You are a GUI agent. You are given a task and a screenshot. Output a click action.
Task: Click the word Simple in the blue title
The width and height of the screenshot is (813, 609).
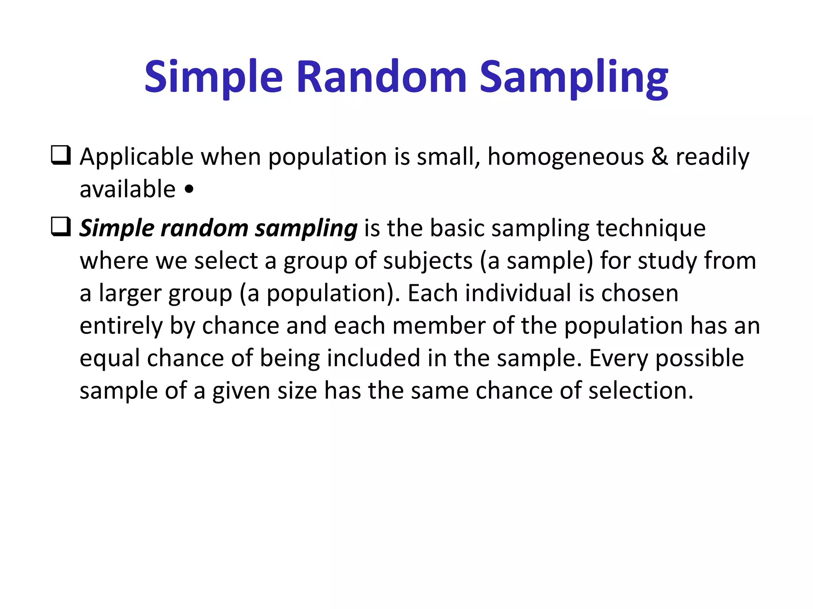(x=213, y=77)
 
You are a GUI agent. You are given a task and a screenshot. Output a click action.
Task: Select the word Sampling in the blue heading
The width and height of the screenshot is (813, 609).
(x=574, y=77)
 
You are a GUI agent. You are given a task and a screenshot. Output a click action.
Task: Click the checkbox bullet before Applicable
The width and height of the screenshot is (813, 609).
(x=61, y=155)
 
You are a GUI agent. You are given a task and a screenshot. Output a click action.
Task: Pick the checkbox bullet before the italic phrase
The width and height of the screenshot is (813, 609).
(x=61, y=227)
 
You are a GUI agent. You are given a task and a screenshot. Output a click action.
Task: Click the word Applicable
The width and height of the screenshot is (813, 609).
(x=137, y=157)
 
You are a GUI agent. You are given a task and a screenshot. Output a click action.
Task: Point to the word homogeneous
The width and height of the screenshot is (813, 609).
(x=565, y=157)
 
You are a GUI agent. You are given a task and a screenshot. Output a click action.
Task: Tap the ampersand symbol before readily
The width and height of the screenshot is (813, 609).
(x=660, y=156)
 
